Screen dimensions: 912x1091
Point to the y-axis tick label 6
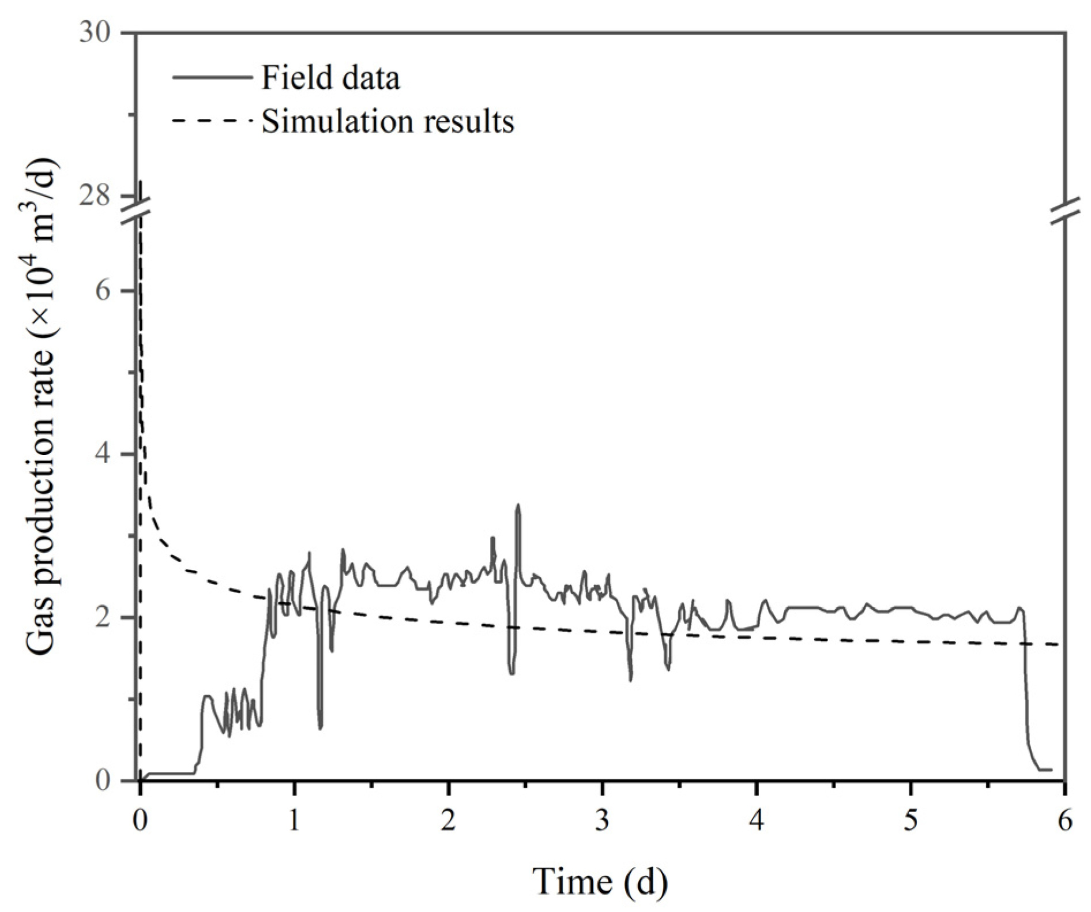pos(103,290)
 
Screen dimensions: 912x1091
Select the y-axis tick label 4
pos(103,454)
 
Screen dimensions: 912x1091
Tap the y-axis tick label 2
pos(103,617)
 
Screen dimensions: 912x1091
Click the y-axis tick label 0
pos(103,780)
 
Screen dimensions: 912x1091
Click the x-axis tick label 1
pos(294,820)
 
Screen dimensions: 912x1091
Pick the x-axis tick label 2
pos(448,820)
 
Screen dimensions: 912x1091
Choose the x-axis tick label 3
pos(603,820)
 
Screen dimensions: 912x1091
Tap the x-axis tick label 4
pos(757,820)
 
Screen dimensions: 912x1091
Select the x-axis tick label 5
pos(911,820)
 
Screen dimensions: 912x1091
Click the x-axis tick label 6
pos(1065,820)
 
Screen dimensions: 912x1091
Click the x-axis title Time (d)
pos(600,881)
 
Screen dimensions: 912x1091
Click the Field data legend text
pos(330,78)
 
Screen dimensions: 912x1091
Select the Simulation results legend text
pos(388,122)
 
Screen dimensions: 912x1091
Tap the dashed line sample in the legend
pos(212,122)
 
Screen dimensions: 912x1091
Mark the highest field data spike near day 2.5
pos(518,505)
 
